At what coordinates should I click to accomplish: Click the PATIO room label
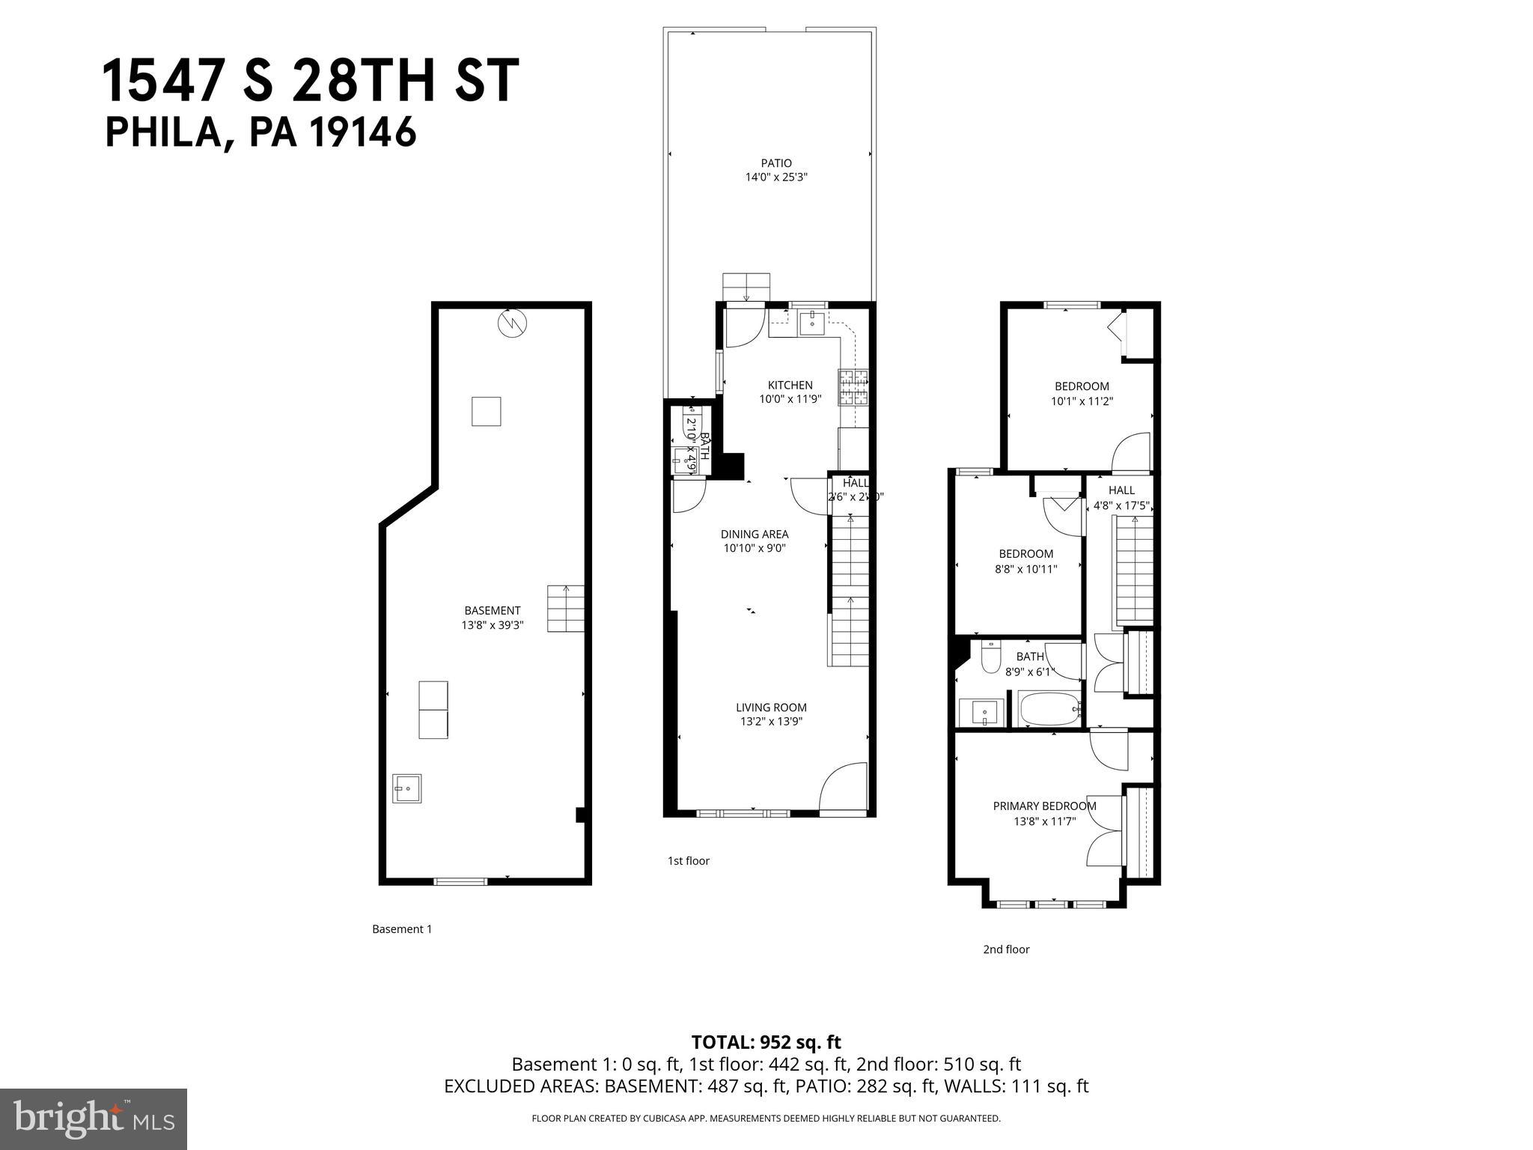click(x=776, y=163)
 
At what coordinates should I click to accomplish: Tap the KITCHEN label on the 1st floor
click(x=790, y=386)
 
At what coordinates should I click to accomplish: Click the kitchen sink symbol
click(x=812, y=323)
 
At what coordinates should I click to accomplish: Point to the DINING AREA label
click(x=755, y=535)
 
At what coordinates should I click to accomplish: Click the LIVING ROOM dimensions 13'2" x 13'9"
click(x=771, y=722)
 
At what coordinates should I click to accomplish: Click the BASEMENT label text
click(x=492, y=611)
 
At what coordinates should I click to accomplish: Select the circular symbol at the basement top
click(x=513, y=323)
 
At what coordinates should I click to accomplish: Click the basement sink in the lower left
click(x=407, y=788)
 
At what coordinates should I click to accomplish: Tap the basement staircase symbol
click(x=566, y=609)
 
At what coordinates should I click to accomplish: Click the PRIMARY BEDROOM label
click(x=1044, y=806)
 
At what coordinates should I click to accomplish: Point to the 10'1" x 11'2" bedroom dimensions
click(x=1082, y=401)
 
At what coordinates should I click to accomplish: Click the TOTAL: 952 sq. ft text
click(x=766, y=1042)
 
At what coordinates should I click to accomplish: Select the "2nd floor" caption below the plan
click(x=1006, y=949)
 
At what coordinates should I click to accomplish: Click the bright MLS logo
click(x=94, y=1119)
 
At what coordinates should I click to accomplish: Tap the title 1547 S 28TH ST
click(x=310, y=81)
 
